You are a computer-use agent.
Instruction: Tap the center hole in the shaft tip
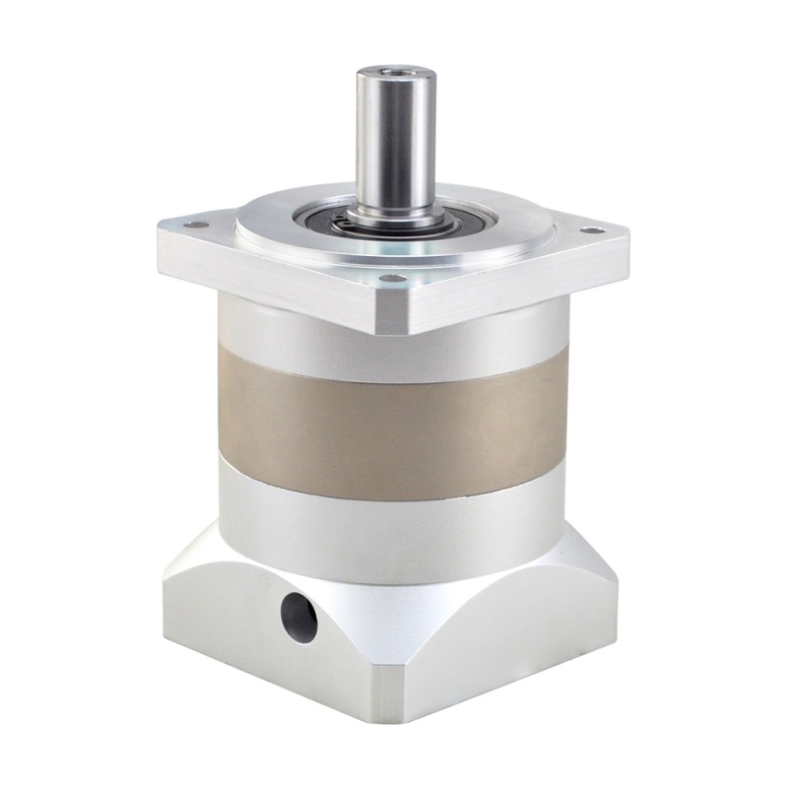point(376,72)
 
